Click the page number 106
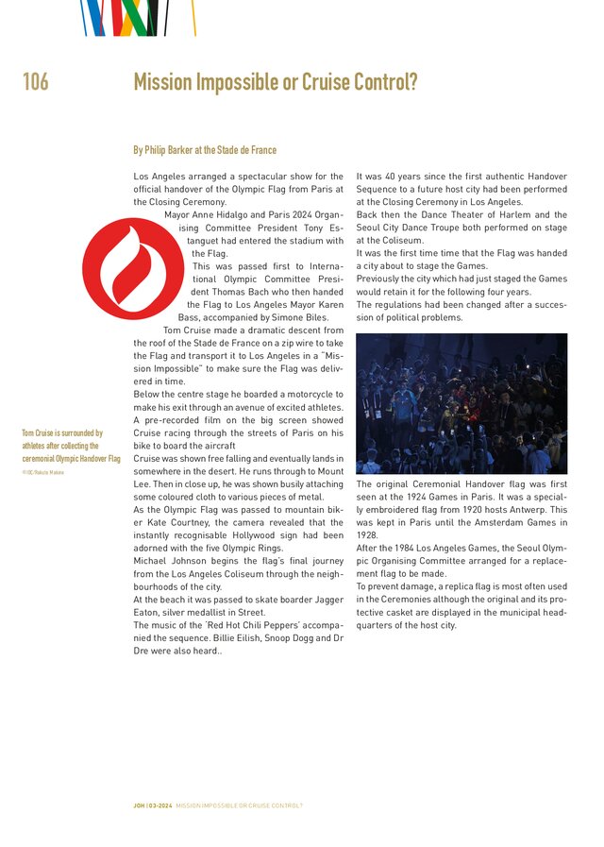[x=36, y=83]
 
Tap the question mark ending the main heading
[x=412, y=83]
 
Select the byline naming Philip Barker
[x=205, y=150]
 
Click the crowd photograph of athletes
[x=461, y=403]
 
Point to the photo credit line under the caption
[x=42, y=471]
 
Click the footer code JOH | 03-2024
[x=153, y=805]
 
